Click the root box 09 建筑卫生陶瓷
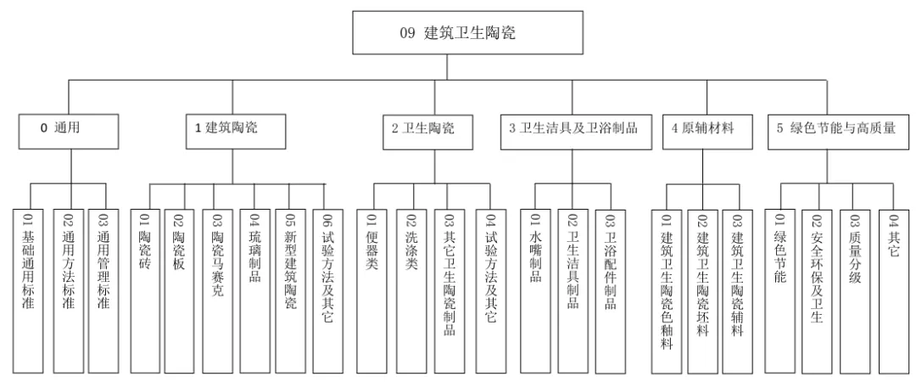467,35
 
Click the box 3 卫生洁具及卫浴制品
573,129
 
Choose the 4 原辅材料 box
701,129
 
